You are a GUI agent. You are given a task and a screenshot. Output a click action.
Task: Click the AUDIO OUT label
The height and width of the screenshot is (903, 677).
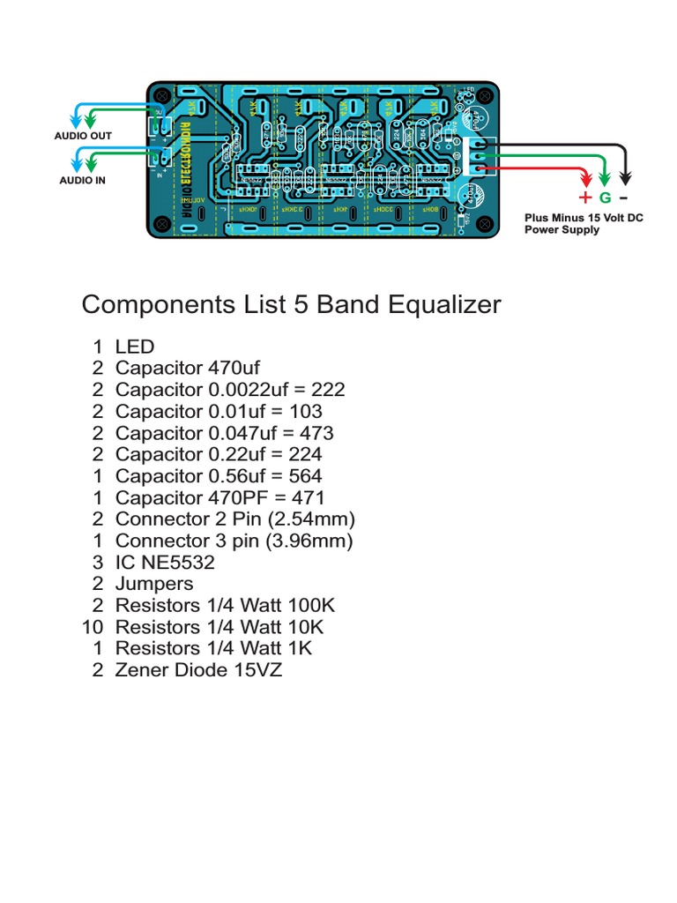[x=83, y=136]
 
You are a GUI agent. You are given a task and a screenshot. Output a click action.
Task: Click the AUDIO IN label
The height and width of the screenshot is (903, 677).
[x=82, y=180]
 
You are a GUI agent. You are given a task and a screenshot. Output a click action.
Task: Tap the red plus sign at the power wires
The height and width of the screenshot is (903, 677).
[x=584, y=198]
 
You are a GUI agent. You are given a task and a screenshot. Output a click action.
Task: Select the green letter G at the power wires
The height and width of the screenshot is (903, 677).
[x=605, y=198]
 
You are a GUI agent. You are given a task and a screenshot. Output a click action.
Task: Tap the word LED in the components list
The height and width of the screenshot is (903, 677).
[x=135, y=347]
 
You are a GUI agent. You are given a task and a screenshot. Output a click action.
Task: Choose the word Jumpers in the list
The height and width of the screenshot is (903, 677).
[x=154, y=584]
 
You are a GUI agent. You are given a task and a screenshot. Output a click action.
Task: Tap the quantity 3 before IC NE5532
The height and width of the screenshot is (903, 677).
[x=98, y=563]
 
